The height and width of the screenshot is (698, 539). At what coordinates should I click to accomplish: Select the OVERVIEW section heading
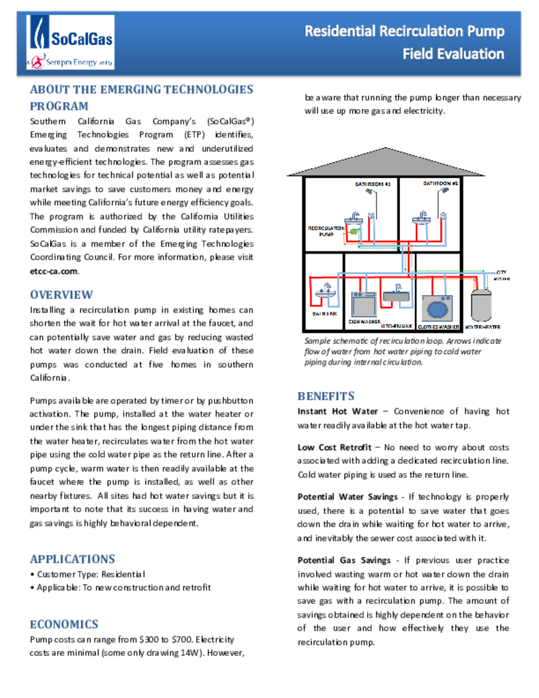[x=61, y=294]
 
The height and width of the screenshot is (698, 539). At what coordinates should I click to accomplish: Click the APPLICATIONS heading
[x=72, y=559]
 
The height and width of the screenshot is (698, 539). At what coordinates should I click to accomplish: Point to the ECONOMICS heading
[x=64, y=624]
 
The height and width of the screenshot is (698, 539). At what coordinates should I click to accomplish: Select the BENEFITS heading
[x=326, y=396]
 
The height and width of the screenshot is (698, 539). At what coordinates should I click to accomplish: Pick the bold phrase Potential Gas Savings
[x=343, y=560]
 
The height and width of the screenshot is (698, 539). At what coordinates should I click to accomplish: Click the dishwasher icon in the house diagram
[x=364, y=303]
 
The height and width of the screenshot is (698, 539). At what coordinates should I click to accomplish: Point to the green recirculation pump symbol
[x=354, y=232]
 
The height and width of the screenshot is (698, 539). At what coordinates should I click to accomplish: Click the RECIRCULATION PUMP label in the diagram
[x=326, y=231]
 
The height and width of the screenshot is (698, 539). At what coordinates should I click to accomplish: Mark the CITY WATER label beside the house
[x=502, y=275]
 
